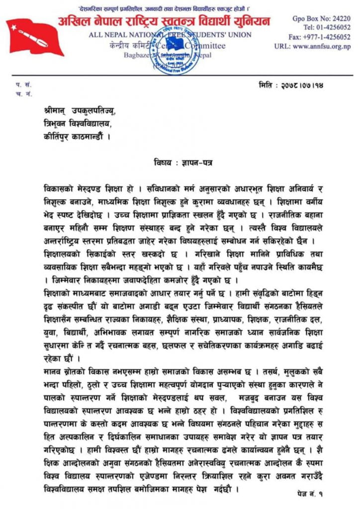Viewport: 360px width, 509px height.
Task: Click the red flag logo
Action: pyautogui.click(x=34, y=37)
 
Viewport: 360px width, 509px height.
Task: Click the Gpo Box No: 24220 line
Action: pyautogui.click(x=320, y=18)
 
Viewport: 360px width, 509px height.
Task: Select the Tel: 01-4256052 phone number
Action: pyautogui.click(x=326, y=27)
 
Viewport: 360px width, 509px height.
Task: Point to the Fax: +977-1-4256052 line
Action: pyautogui.click(x=320, y=37)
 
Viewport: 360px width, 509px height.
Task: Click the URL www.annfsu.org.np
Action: pyautogui.click(x=312, y=46)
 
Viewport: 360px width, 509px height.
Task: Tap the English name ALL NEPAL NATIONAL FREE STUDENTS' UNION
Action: pyautogui.click(x=170, y=35)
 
